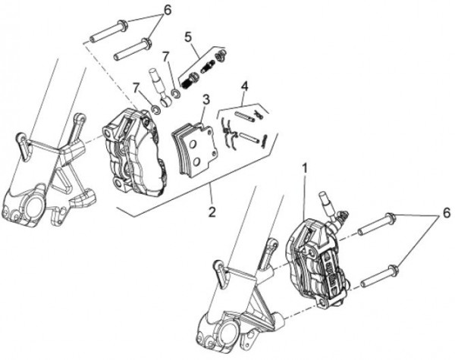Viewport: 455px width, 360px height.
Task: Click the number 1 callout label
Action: pyautogui.click(x=304, y=169)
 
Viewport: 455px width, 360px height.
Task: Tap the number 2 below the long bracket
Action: pyautogui.click(x=212, y=212)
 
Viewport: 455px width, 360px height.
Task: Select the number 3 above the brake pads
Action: pyautogui.click(x=206, y=99)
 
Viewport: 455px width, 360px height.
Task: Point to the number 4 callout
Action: pyautogui.click(x=245, y=86)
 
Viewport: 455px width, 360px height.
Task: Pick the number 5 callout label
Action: pyautogui.click(x=188, y=37)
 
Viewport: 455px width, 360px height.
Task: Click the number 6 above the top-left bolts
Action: pyautogui.click(x=168, y=10)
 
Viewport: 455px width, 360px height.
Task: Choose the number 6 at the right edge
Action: pyautogui.click(x=447, y=213)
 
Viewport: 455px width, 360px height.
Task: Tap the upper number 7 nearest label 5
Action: pyautogui.click(x=165, y=57)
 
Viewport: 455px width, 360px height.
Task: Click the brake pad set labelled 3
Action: pyautogui.click(x=194, y=149)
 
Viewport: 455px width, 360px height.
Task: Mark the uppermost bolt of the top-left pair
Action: pyautogui.click(x=108, y=30)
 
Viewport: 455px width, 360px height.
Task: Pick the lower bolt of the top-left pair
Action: pyautogui.click(x=133, y=49)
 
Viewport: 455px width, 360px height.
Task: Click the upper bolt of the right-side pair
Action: pyautogui.click(x=377, y=224)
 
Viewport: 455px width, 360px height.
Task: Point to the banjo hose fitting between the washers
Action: pyautogui.click(x=160, y=88)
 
